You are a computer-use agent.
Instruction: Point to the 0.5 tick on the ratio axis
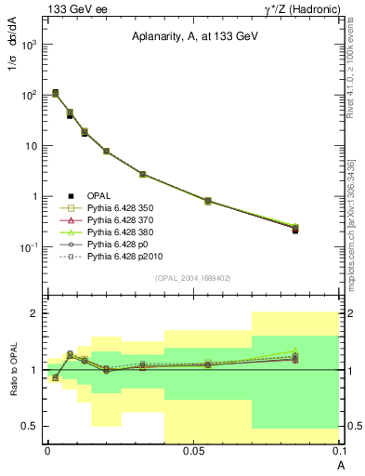(35, 426)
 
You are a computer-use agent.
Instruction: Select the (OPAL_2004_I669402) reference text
(192, 279)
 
